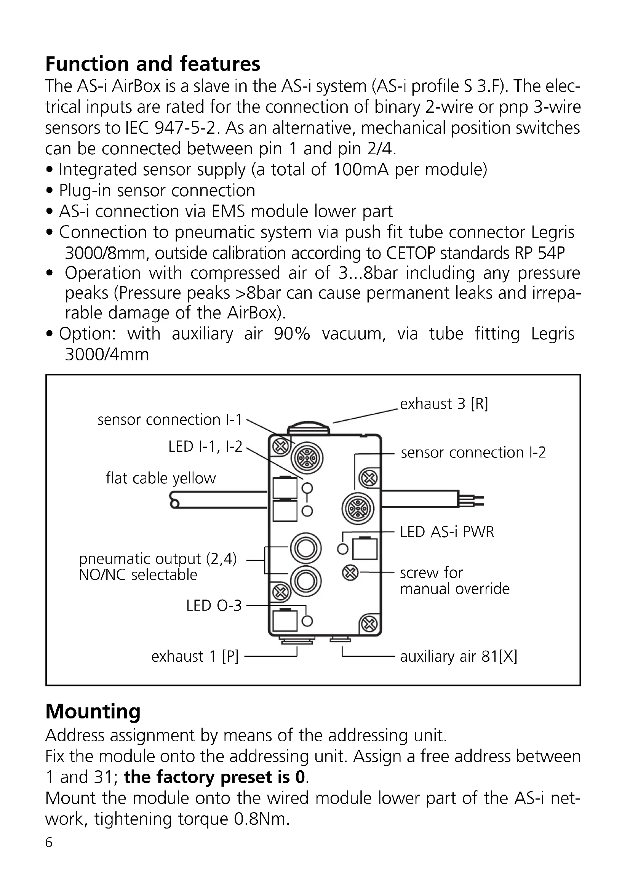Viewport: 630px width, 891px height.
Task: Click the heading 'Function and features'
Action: (153, 64)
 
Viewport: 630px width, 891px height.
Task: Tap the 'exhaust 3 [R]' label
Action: (444, 404)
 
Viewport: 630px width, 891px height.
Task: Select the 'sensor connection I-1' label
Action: (169, 419)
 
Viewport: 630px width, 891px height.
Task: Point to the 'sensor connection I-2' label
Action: (473, 453)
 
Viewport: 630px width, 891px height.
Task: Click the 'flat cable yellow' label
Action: (161, 478)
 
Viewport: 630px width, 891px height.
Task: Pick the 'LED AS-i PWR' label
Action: (447, 532)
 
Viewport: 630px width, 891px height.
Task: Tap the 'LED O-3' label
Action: (214, 605)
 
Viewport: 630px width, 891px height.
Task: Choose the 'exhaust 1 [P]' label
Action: (195, 657)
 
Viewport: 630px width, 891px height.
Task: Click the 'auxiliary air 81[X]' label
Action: (459, 657)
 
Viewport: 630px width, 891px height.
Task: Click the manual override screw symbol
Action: (350, 573)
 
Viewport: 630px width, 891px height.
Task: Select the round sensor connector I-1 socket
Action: (307, 459)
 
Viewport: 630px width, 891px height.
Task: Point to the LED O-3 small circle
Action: (307, 621)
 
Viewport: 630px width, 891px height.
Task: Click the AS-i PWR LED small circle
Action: (343, 549)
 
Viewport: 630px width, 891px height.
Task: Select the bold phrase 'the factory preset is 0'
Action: (215, 777)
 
